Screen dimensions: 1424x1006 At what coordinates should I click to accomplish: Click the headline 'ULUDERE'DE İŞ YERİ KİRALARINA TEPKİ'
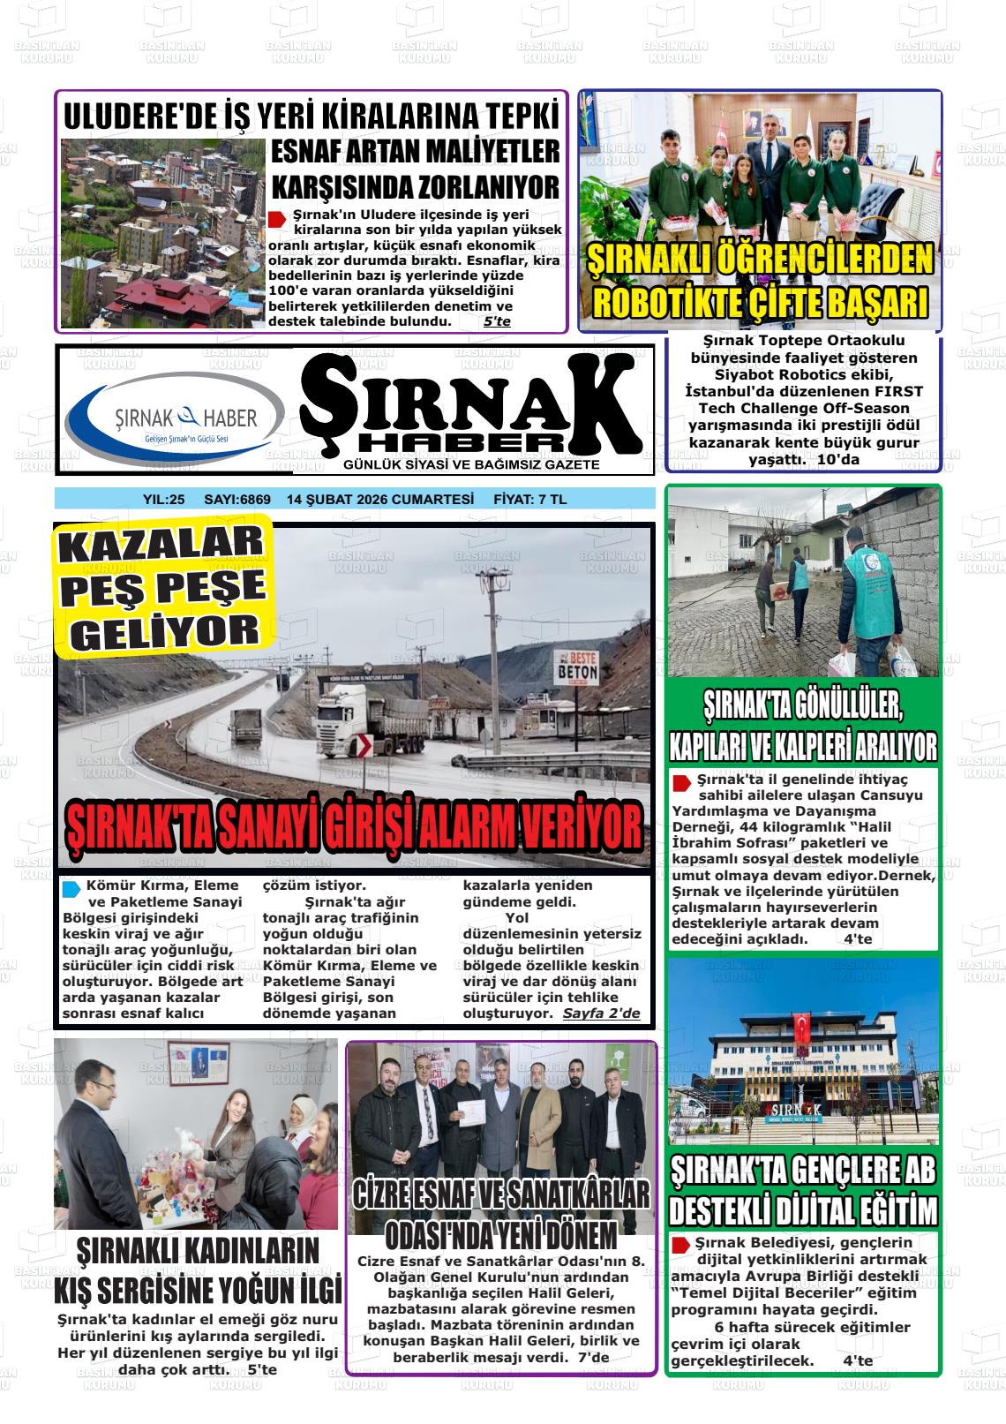[312, 117]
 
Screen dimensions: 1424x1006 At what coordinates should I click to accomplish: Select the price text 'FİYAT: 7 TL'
[529, 500]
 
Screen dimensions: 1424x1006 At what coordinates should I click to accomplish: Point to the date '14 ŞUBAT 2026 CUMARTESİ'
[380, 500]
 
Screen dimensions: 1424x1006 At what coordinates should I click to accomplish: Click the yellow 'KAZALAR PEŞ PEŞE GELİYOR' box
[162, 587]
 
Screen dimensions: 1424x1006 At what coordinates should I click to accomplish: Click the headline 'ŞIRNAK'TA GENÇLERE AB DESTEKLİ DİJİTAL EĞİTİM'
[803, 1189]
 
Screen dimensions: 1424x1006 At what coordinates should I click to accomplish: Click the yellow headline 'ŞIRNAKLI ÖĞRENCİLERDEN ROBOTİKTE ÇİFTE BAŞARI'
[760, 281]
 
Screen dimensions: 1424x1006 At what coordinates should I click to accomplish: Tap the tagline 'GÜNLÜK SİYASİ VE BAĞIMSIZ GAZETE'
[471, 465]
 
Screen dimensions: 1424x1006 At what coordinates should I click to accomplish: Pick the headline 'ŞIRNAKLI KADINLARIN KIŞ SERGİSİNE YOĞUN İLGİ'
[197, 1270]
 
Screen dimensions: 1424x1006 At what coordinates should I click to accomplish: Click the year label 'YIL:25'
[163, 500]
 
